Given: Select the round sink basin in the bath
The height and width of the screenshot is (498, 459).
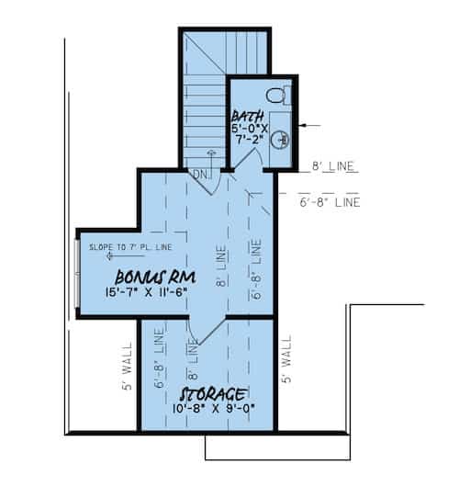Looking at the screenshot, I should point(284,140).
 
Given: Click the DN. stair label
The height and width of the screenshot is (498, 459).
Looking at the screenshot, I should point(201,175).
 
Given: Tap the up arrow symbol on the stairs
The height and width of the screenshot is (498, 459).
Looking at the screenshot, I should point(211,157).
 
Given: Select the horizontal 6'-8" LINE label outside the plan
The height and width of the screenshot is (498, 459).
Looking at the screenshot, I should point(329,200).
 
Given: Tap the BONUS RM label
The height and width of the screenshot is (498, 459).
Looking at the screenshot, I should point(147,277).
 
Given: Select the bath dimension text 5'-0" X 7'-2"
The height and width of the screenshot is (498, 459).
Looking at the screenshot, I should point(247,133).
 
